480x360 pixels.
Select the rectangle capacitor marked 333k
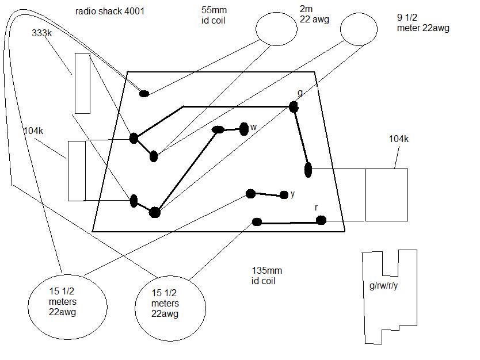82,83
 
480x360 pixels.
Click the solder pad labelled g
294,106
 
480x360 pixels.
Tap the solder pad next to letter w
243,128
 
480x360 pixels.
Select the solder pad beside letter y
284,195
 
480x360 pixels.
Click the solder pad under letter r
321,220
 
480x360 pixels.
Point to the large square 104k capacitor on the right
386,194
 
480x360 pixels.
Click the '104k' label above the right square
398,139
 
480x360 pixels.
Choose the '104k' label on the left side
33,131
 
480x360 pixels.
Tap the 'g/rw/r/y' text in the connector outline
384,286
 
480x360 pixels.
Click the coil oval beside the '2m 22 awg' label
268,29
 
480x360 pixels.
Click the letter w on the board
253,127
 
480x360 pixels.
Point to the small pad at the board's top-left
144,93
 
